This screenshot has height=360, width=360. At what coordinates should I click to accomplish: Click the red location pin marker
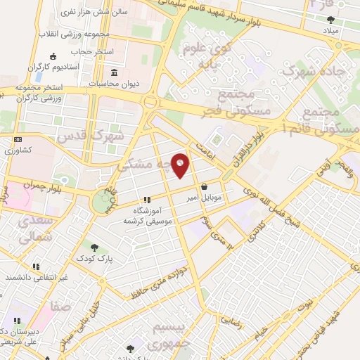(181, 165)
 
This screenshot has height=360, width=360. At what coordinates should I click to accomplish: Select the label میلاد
(330, 32)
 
